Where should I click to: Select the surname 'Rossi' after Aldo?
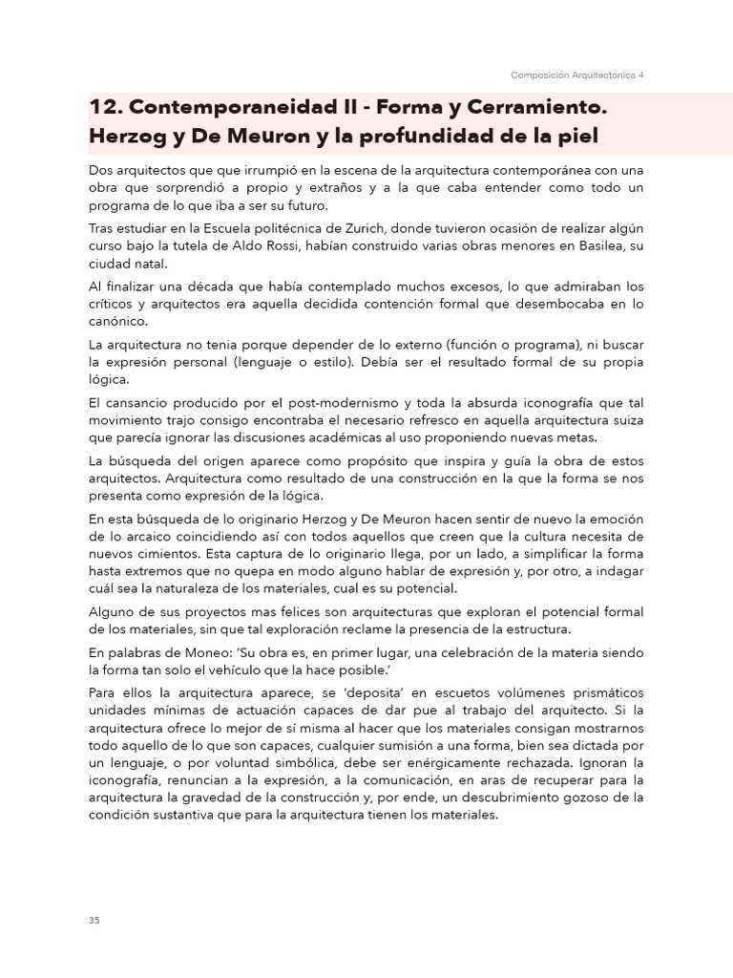click(277, 247)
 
